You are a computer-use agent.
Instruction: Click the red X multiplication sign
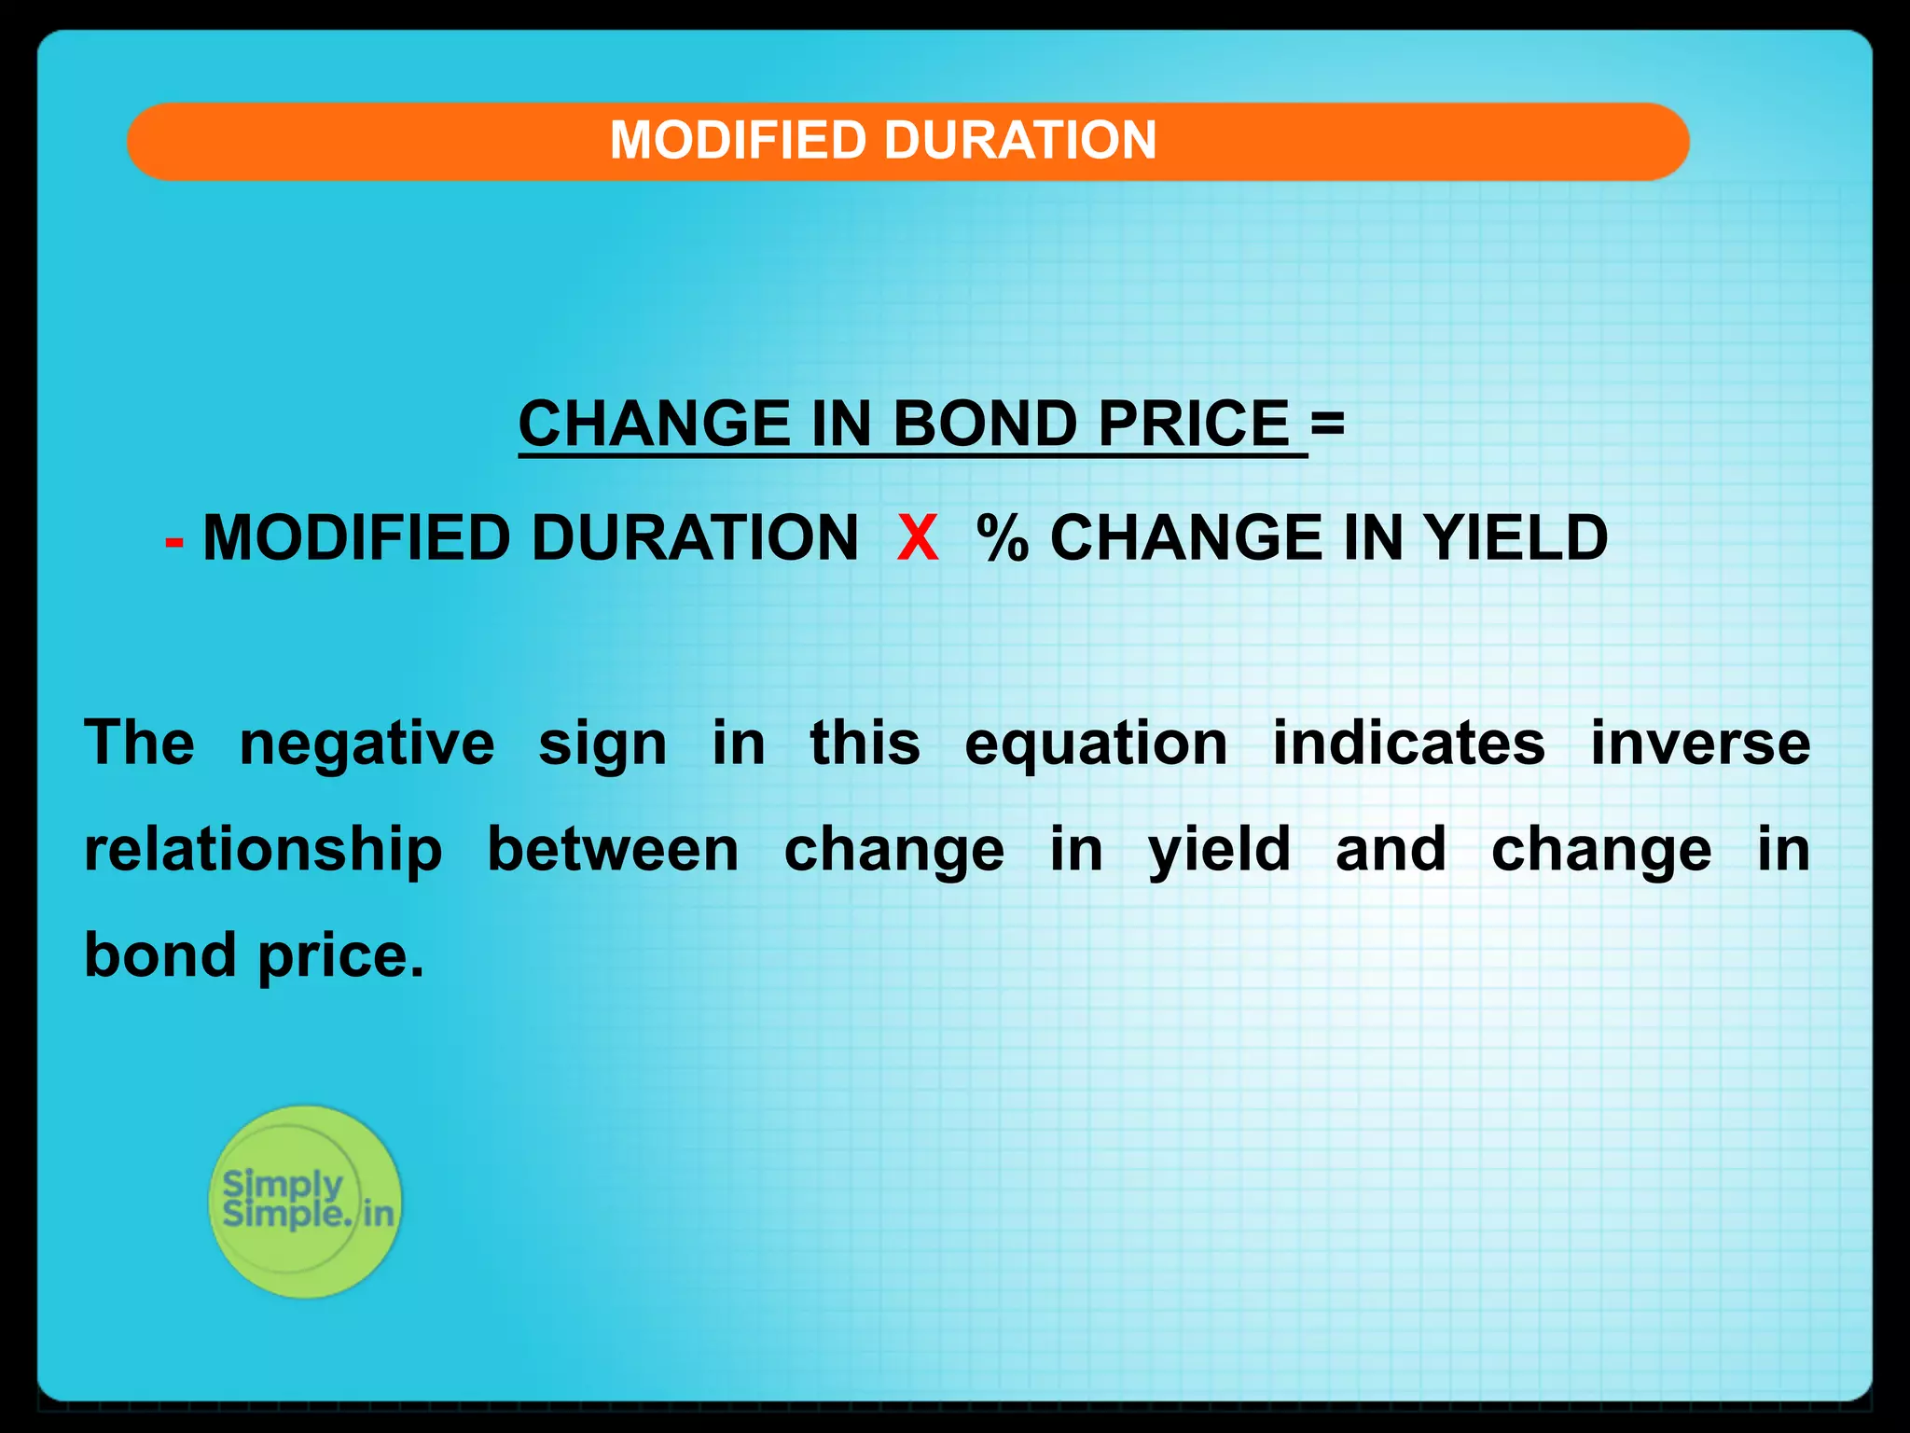918,538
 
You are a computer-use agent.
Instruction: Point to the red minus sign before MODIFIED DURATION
174,541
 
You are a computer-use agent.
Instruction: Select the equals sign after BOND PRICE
1327,423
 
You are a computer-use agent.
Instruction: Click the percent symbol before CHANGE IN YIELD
1002,538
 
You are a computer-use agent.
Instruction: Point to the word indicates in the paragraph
1409,744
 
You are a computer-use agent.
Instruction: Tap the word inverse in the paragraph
1700,744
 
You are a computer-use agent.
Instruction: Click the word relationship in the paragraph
263,851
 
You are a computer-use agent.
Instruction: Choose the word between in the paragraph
614,850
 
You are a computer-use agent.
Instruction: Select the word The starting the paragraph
140,744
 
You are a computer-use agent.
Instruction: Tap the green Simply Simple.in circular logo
305,1202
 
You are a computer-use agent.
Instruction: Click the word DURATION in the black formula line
695,538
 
